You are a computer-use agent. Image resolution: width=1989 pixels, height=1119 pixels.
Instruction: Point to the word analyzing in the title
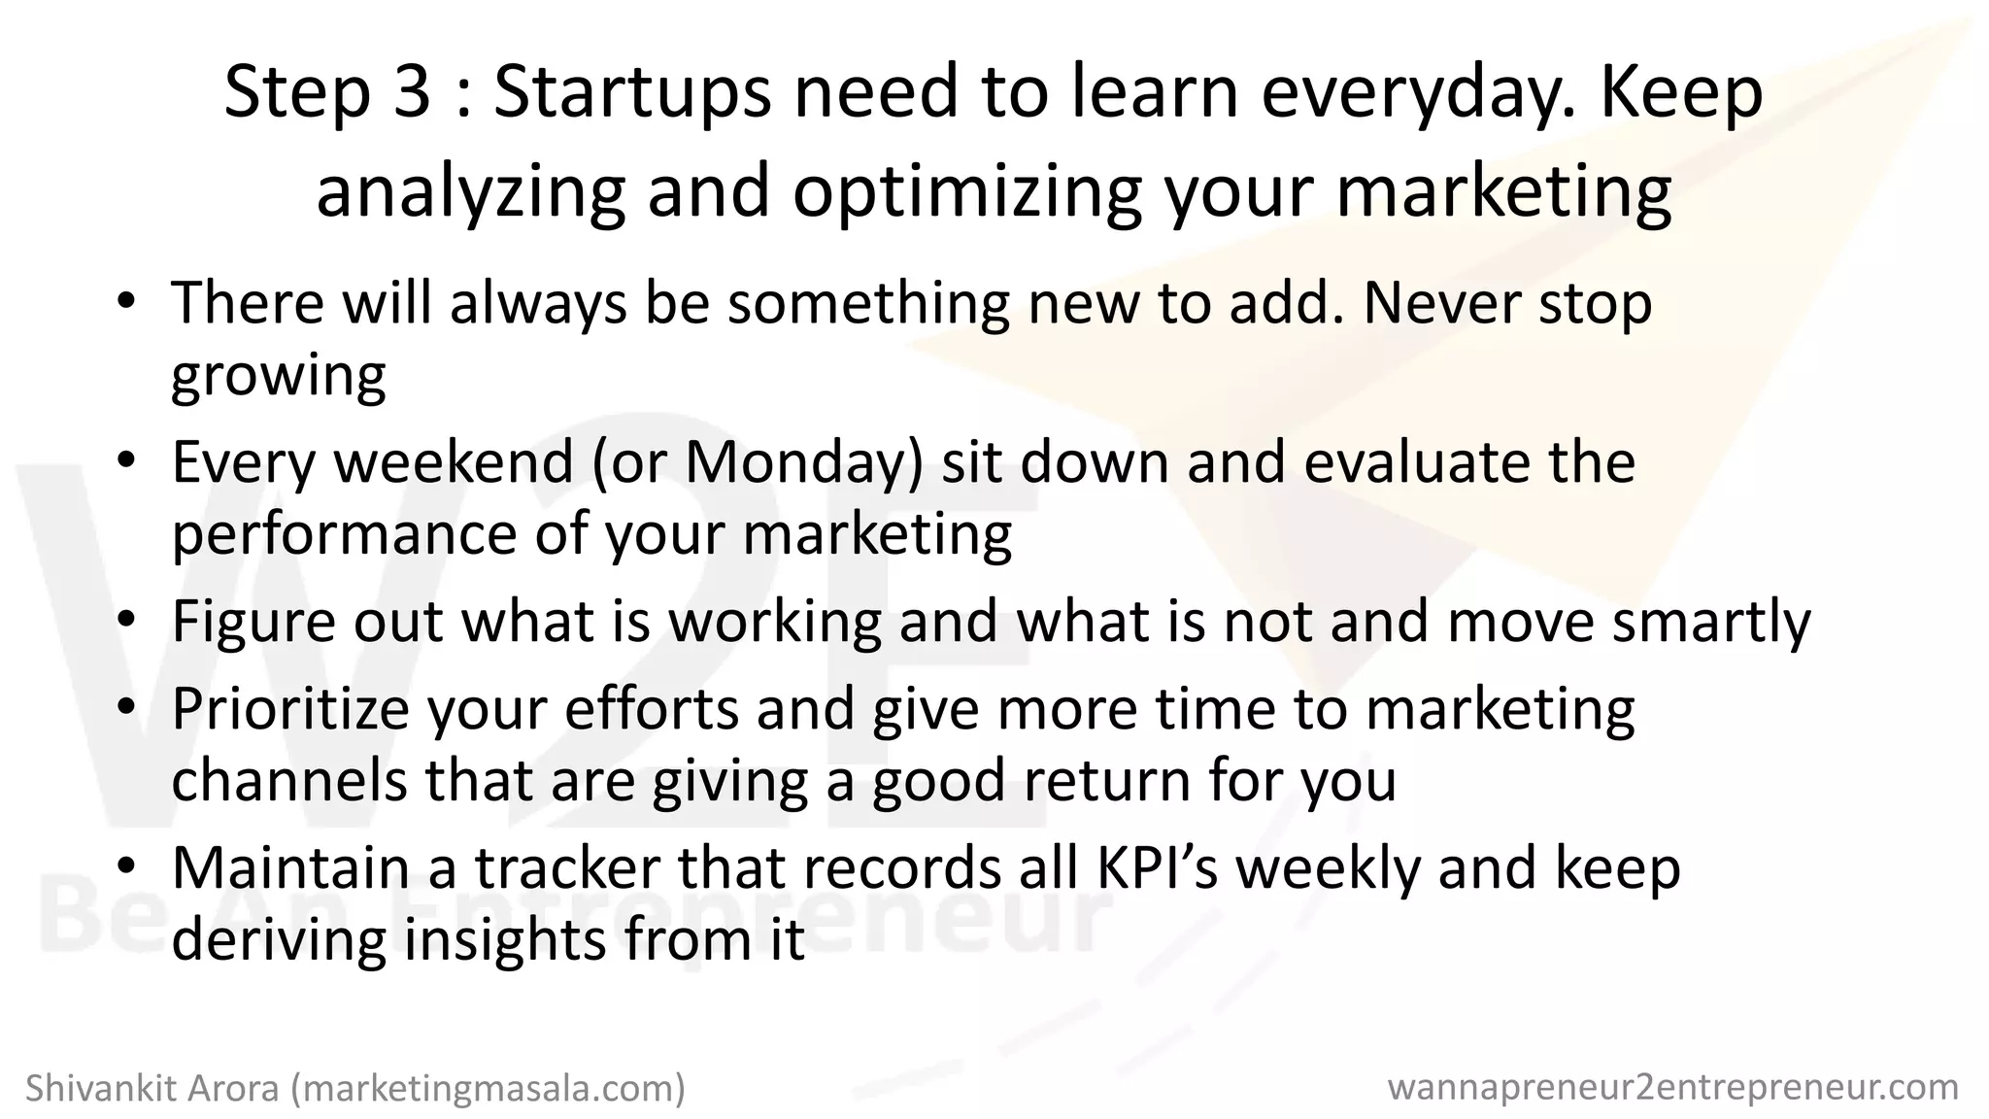point(471,190)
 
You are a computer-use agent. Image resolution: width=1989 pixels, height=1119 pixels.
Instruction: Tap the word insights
point(504,939)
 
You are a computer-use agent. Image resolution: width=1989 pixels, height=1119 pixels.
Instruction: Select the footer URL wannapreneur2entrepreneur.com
point(1673,1087)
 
